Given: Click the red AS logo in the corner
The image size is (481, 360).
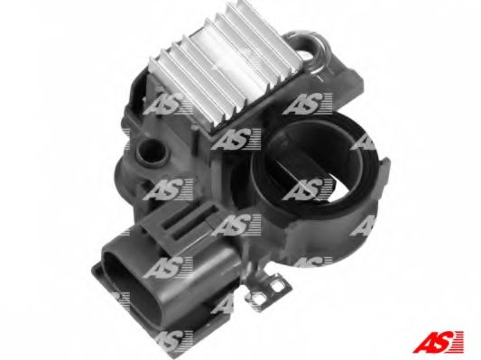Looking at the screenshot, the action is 438,342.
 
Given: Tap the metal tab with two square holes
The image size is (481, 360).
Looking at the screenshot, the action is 267,288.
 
